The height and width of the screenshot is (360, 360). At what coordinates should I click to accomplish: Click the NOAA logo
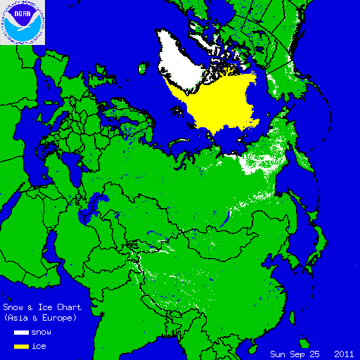pyautogui.click(x=22, y=22)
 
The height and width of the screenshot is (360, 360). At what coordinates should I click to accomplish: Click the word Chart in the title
pyautogui.click(x=69, y=307)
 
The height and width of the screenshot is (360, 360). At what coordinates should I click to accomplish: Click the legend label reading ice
pyautogui.click(x=39, y=346)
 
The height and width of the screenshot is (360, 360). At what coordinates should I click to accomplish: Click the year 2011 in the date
pyautogui.click(x=344, y=353)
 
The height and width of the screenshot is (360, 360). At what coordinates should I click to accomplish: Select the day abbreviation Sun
pyautogui.click(x=278, y=353)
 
